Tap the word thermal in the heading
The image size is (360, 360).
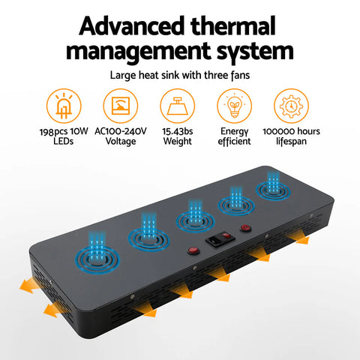point(233,25)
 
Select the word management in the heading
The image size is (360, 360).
point(138,52)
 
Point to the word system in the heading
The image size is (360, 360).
point(255,52)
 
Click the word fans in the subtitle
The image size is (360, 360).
point(240,75)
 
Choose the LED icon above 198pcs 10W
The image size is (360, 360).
point(64,106)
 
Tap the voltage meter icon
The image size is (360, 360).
point(121,106)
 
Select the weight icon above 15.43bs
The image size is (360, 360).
point(178,106)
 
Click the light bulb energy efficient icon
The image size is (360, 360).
point(234,106)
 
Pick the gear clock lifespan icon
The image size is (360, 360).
point(291,106)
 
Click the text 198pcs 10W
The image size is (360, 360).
point(64,131)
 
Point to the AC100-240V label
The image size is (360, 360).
point(121,131)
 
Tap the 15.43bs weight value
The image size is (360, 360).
point(178,131)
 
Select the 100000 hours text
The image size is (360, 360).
point(291,131)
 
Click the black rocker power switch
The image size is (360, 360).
point(220,239)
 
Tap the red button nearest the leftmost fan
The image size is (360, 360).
point(193,250)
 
